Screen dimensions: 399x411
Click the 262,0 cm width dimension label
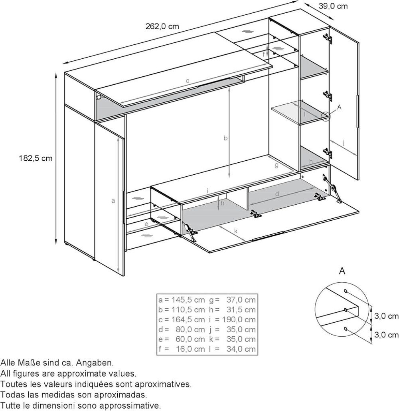[162, 26]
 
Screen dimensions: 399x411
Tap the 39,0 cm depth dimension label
[333, 6]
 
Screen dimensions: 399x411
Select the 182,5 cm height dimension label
[36, 158]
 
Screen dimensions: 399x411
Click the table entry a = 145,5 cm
[182, 299]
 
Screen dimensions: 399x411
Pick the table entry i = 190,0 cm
[232, 319]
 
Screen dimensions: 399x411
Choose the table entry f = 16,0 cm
[182, 349]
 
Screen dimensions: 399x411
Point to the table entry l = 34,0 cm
[232, 349]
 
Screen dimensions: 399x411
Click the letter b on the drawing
[225, 138]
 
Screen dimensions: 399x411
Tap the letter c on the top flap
[188, 81]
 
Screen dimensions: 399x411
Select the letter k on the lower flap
[236, 231]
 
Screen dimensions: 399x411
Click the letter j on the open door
[343, 143]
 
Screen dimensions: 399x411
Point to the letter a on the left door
[113, 201]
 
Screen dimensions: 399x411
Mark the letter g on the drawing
[277, 166]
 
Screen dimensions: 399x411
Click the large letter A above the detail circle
[342, 271]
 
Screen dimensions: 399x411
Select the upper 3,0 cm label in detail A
[386, 316]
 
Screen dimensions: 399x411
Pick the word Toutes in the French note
[12, 384]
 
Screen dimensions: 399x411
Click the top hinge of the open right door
[328, 38]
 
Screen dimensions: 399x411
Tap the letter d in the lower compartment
[277, 194]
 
